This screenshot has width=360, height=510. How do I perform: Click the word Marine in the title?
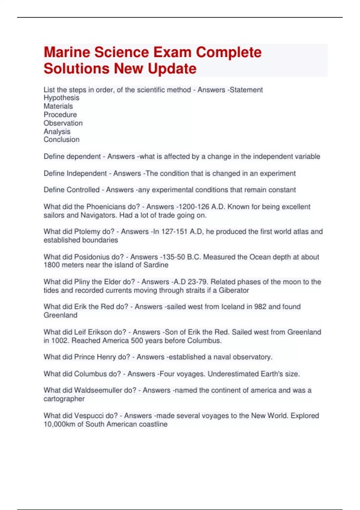point(67,52)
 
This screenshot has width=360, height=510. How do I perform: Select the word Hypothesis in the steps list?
point(61,98)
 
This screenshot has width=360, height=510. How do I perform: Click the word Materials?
point(58,106)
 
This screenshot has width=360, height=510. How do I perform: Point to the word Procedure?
point(60,115)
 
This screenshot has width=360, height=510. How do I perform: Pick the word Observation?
point(63,123)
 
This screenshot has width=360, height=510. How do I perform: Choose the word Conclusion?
point(61,139)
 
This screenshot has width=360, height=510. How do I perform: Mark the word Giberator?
point(234,290)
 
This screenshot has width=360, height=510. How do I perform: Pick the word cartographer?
point(64,399)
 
